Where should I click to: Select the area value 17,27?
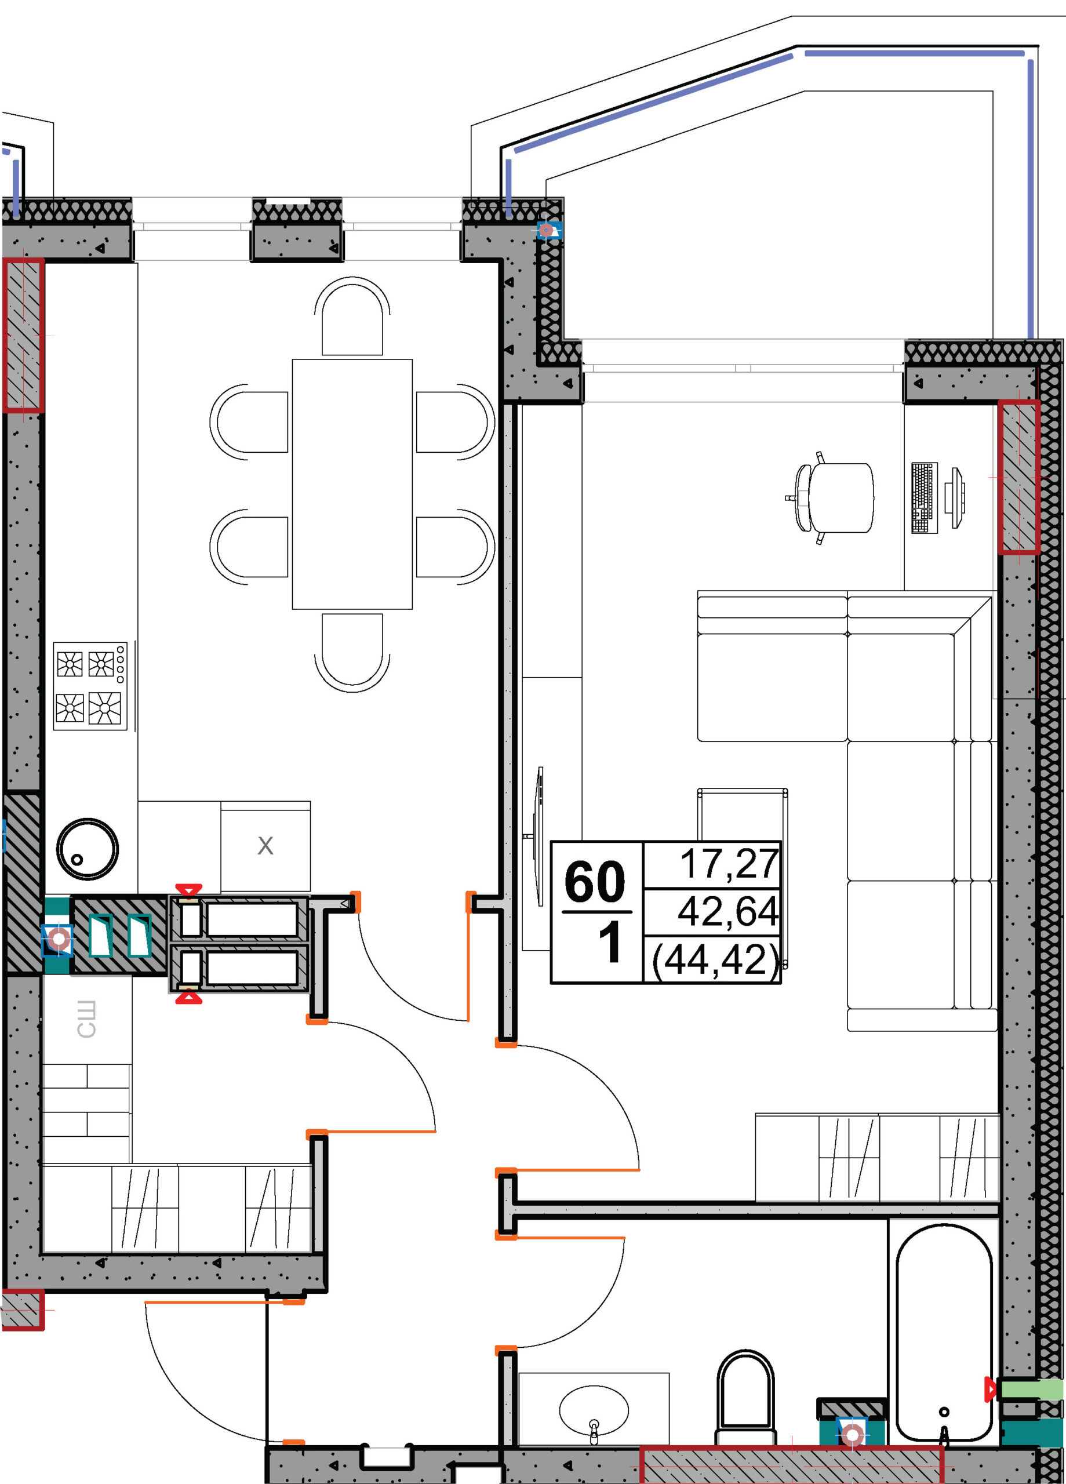pos(730,864)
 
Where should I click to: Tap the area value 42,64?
pos(727,911)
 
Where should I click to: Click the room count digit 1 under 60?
pos(610,944)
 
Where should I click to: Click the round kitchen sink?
pos(87,849)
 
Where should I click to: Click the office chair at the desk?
pos(829,498)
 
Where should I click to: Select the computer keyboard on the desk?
pos(924,498)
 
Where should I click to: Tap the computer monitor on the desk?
pos(956,498)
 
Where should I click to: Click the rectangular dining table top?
pos(352,484)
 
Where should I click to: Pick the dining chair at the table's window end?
pos(352,316)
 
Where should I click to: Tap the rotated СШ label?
pos(86,1019)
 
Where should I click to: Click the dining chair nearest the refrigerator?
pos(352,652)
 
